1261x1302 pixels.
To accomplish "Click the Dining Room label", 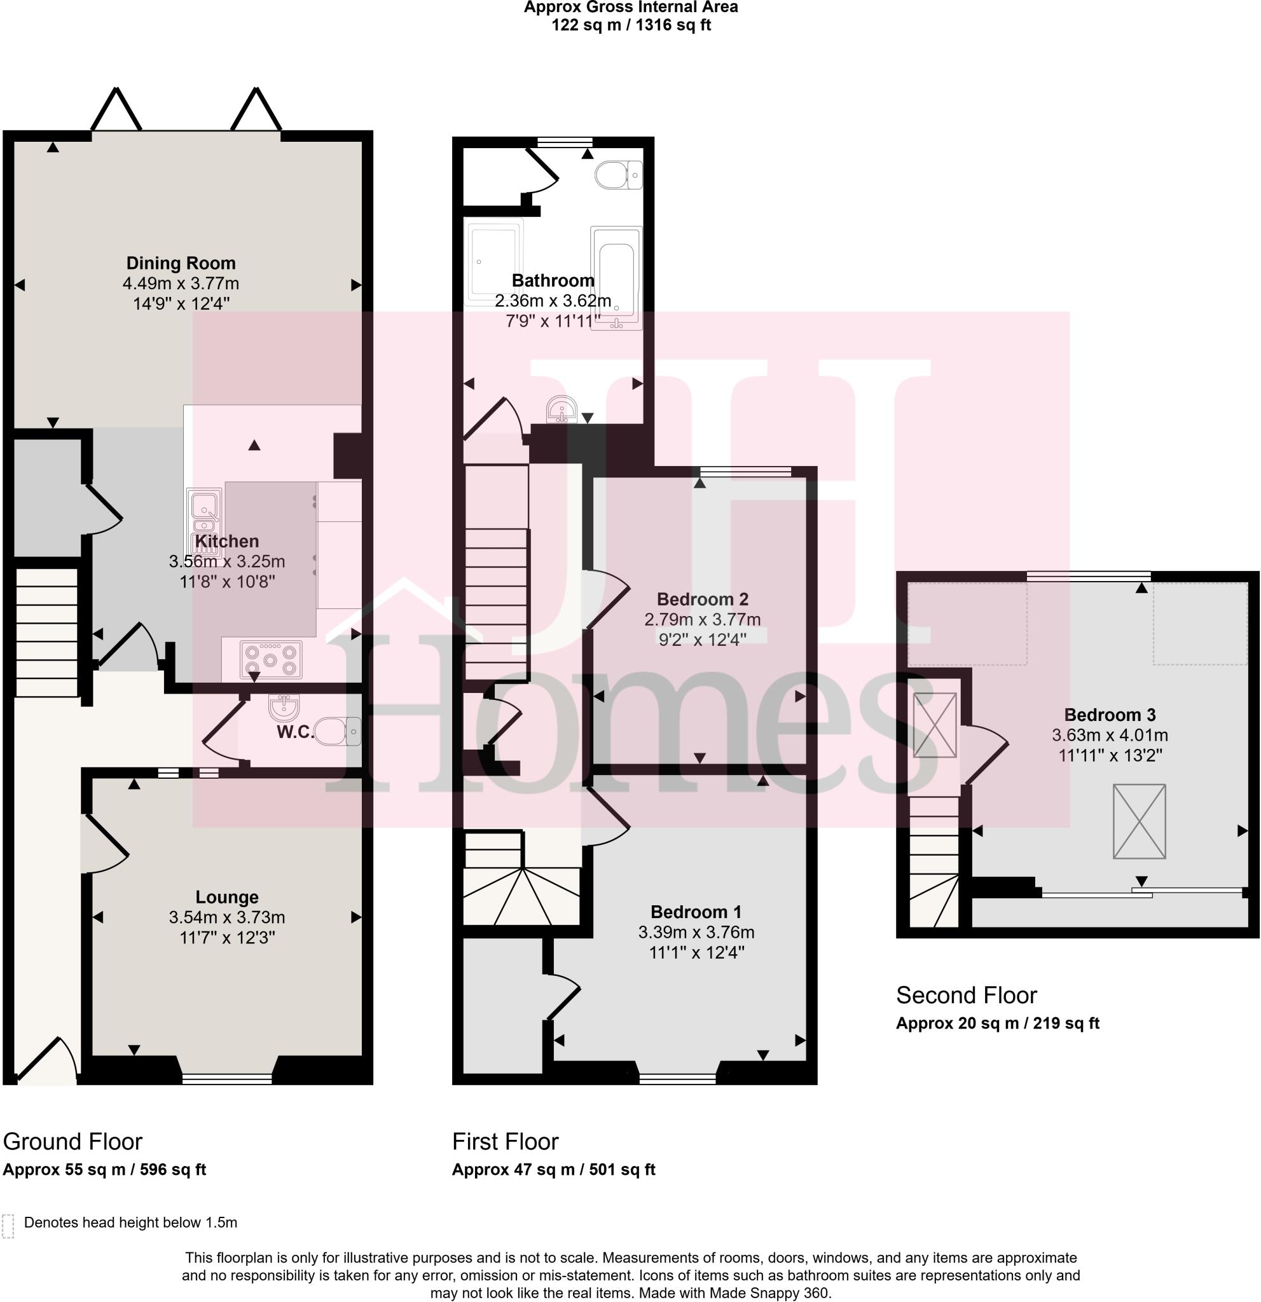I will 181,263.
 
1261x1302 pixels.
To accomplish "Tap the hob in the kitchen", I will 270,660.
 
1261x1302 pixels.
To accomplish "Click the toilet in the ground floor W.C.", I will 337,731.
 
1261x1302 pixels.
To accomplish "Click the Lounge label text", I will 226,897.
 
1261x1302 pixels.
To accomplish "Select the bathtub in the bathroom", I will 616,277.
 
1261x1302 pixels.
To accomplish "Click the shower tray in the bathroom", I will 493,263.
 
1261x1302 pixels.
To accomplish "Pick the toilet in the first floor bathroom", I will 618,175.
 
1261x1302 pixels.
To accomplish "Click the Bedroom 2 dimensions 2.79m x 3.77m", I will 702,620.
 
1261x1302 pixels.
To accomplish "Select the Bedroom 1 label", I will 696,912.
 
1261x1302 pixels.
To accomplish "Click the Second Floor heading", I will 966,995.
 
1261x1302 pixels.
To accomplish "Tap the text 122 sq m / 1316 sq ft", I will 631,26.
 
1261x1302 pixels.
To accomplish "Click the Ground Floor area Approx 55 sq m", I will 104,1170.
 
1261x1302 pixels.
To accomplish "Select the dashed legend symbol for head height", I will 8,1226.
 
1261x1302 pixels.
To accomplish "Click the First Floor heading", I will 505,1141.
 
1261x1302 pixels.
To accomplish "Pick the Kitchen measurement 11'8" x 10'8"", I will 226,582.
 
